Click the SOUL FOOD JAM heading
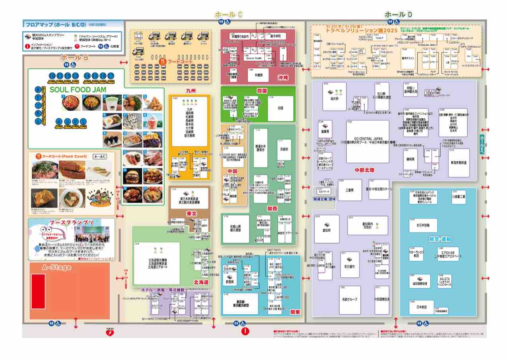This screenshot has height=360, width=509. [x=78, y=90]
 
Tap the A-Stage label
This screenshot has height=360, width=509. [x=56, y=267]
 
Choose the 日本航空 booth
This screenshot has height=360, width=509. [x=421, y=307]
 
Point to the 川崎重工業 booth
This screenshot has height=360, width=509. [x=458, y=197]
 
